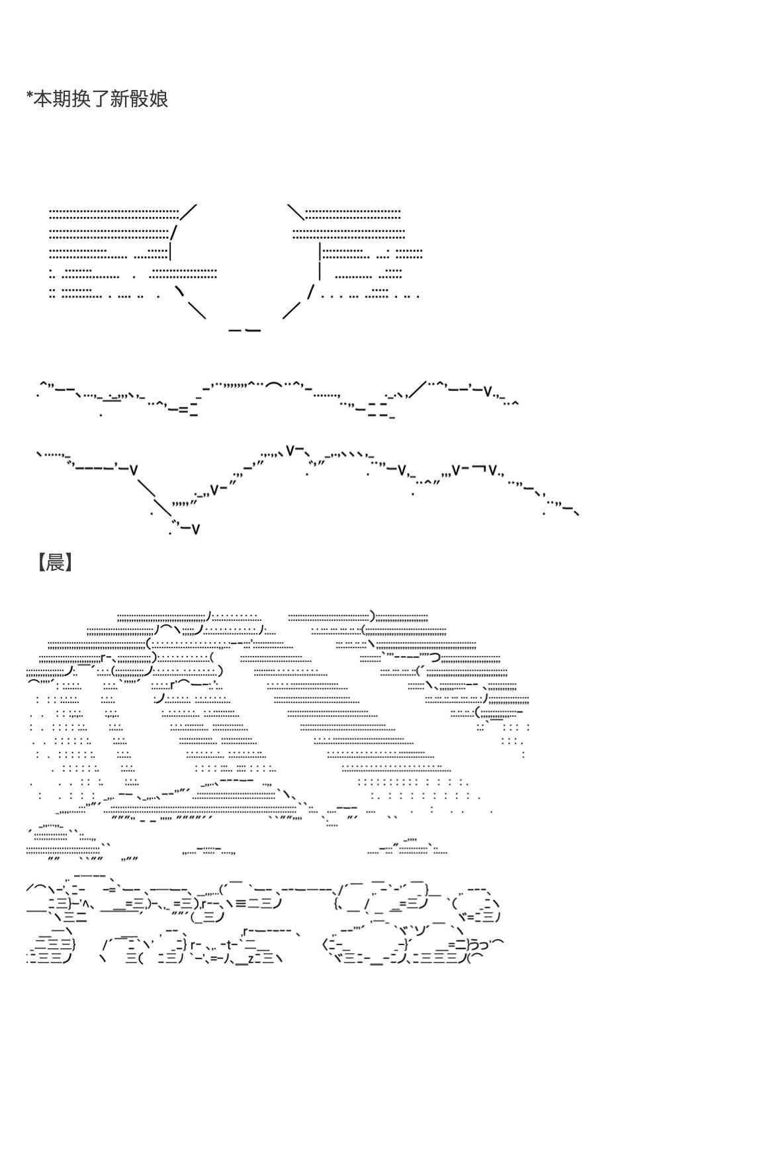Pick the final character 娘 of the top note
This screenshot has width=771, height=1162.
(159, 99)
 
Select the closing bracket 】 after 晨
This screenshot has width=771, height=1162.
(69, 563)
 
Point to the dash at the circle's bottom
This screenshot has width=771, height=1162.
(244, 329)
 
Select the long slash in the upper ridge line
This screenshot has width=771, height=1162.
(418, 391)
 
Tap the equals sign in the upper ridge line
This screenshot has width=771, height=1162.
(183, 410)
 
